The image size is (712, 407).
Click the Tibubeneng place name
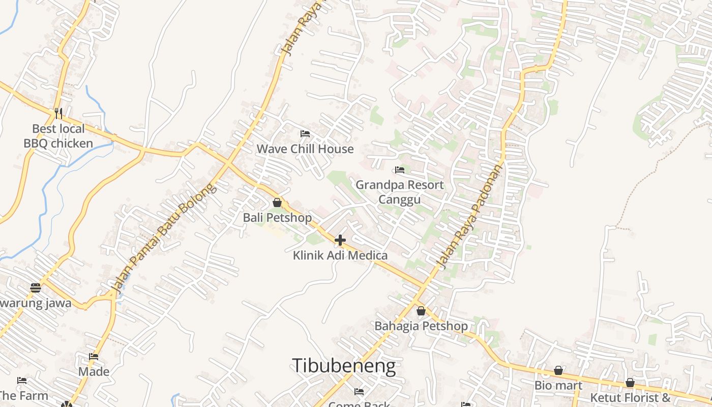pos(343,366)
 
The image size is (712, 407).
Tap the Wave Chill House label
pos(305,149)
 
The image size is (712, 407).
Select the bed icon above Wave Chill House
pos(305,134)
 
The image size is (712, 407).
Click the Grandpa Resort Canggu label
pos(399,192)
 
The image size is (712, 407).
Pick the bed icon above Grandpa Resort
pos(400,170)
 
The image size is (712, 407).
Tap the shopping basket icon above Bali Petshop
pos(277,202)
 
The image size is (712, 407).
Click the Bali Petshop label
pos(277,218)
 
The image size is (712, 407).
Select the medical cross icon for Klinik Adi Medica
pos(340,240)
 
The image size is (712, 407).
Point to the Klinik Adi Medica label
pos(340,255)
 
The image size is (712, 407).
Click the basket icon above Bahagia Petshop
pos(421,311)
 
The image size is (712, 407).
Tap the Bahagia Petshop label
pos(421,326)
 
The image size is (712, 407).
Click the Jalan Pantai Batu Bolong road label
pos(163,238)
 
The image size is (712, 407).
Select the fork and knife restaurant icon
pos(58,112)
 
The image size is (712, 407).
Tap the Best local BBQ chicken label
pos(58,136)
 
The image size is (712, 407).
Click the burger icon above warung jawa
pos(35,288)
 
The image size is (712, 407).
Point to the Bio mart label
pos(558,386)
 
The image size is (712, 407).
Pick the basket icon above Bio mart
pos(558,370)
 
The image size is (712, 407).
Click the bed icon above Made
pos(94,357)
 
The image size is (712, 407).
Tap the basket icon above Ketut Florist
pos(630,383)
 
